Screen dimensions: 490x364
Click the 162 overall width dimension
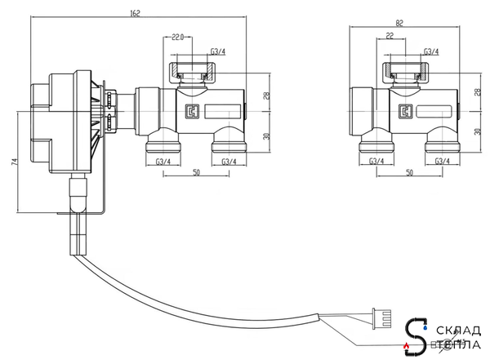[x=135, y=13]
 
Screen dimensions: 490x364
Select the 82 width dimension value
[x=399, y=23]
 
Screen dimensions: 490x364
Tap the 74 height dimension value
[x=15, y=162]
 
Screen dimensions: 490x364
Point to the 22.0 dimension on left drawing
[x=177, y=38]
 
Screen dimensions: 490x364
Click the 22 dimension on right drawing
[x=390, y=36]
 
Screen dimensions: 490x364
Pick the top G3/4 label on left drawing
[x=218, y=51]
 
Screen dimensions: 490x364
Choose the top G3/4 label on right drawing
[x=431, y=51]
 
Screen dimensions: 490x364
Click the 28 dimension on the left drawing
[x=266, y=95]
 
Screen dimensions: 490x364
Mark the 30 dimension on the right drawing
[x=478, y=131]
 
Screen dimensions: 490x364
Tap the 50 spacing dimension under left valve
[x=196, y=172]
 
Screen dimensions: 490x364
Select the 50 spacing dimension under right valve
[x=409, y=172]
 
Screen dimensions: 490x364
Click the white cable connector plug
[x=381, y=318]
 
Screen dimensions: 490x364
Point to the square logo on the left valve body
[x=192, y=112]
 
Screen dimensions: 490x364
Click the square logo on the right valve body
[x=405, y=112]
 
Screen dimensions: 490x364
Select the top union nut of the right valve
[x=406, y=73]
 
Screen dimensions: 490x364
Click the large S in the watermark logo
[x=416, y=337]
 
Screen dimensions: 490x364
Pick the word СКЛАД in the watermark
[x=458, y=331]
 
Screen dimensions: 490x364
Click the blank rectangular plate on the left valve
[x=223, y=112]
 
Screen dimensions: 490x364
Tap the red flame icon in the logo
[x=406, y=345]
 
